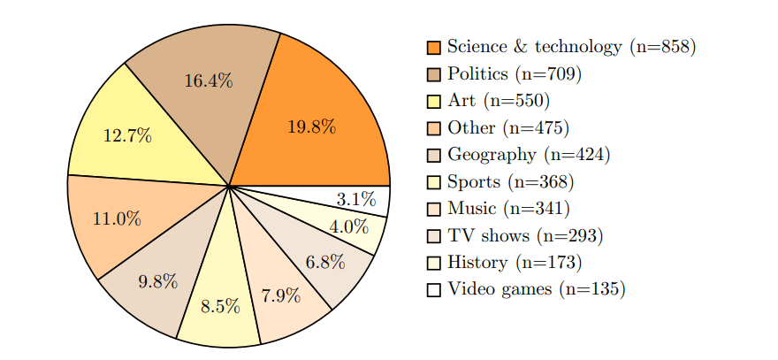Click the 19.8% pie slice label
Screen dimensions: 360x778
[x=311, y=126]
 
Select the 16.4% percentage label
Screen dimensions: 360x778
[x=209, y=81]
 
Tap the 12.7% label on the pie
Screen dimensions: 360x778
[x=127, y=136]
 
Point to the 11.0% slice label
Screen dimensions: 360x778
[x=117, y=218]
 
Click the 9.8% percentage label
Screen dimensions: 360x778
[x=159, y=282]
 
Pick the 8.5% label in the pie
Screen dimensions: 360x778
[x=220, y=307]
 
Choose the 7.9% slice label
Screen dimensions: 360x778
[x=281, y=295]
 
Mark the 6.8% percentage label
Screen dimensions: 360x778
[x=325, y=263]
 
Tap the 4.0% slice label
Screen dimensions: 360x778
[x=348, y=226]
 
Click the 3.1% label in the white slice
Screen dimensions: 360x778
[x=355, y=199]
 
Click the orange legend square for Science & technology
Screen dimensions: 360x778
[x=433, y=47]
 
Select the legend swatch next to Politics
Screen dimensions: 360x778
[x=433, y=74]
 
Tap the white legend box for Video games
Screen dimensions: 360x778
[x=433, y=289]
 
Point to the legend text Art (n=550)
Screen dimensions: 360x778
[x=499, y=101]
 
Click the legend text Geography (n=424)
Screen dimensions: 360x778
[x=529, y=155]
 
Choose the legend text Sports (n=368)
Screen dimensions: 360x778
[x=510, y=182]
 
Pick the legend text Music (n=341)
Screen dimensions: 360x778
[x=508, y=209]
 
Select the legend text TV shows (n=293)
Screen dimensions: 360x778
[x=525, y=236]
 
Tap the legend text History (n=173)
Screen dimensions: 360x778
[x=515, y=263]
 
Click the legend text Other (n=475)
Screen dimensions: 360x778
[x=508, y=128]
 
